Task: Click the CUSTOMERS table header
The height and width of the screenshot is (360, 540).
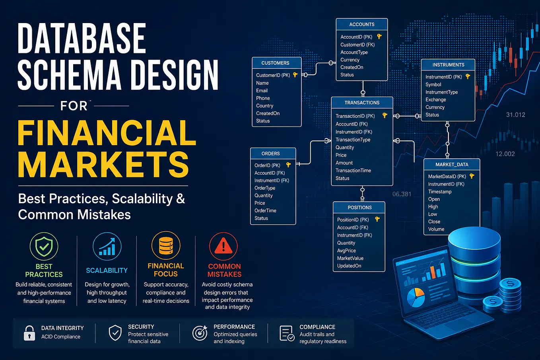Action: click(275, 63)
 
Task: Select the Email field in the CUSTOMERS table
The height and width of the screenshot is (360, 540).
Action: click(262, 91)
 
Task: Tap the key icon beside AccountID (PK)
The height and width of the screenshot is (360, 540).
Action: click(379, 37)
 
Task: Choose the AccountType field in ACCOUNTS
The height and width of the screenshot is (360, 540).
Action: click(354, 53)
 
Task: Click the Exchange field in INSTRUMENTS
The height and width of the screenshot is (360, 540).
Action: click(435, 99)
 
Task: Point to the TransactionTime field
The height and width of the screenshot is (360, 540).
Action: click(353, 171)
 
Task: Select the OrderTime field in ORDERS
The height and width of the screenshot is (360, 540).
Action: click(265, 210)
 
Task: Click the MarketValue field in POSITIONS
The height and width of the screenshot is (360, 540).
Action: click(350, 258)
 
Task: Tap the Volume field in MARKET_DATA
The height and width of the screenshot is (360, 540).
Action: click(436, 229)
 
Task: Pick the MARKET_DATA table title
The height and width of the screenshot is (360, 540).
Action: click(452, 165)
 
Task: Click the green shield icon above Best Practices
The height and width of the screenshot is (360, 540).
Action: click(44, 246)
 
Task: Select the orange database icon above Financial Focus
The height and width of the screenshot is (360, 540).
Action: click(166, 246)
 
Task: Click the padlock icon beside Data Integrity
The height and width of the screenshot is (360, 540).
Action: click(29, 333)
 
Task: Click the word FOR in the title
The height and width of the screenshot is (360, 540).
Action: click(74, 106)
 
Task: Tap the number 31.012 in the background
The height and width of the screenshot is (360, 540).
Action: click(516, 115)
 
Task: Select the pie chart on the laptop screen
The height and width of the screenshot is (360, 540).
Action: click(416, 298)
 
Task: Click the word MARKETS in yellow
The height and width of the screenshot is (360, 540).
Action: click(103, 164)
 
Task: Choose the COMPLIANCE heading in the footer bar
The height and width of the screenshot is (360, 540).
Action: click(317, 327)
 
